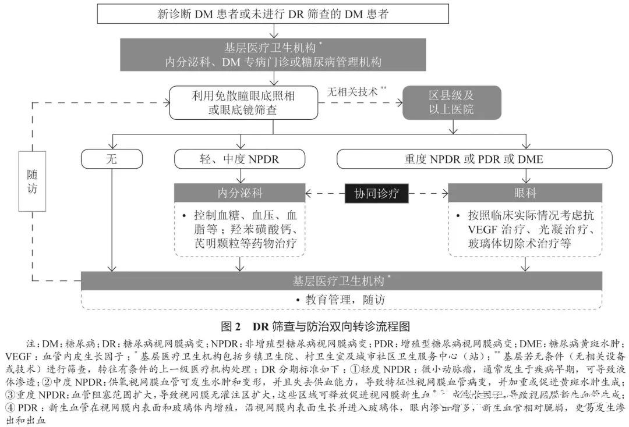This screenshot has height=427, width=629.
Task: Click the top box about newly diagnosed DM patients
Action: tap(273, 13)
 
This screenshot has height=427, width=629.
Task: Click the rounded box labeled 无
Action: tap(111, 159)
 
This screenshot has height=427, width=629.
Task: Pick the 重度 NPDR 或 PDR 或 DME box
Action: tap(474, 159)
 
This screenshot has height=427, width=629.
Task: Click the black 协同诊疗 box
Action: tap(376, 193)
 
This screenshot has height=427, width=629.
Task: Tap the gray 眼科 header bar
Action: tap(526, 193)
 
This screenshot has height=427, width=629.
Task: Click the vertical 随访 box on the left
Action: tap(32, 180)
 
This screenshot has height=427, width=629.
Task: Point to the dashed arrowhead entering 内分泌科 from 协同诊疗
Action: tap(309, 193)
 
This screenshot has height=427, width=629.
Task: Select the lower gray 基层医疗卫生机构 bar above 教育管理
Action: tap(341, 280)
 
